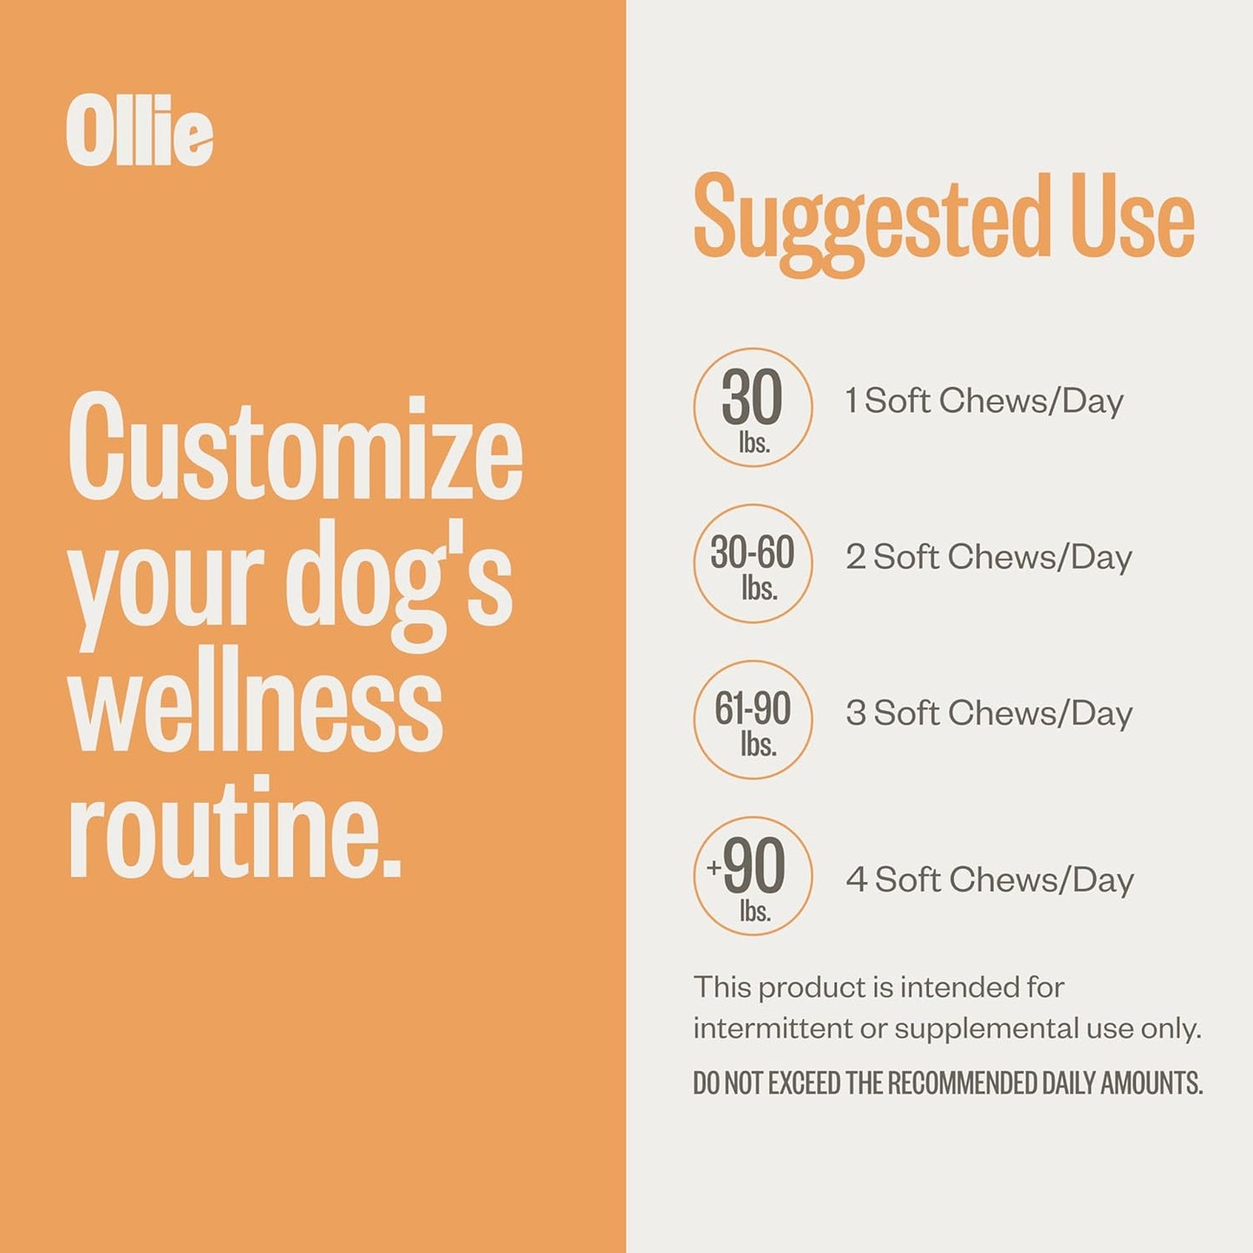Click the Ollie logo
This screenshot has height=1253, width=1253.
(139, 131)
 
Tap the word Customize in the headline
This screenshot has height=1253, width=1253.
(295, 448)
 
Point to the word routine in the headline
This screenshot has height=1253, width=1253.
(234, 828)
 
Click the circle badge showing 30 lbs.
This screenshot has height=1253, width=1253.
(753, 408)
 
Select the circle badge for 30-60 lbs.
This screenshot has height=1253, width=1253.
(753, 564)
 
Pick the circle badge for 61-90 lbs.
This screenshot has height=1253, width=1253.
(753, 720)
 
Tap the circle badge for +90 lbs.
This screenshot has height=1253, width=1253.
(753, 876)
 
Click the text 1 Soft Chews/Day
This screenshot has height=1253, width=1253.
(984, 401)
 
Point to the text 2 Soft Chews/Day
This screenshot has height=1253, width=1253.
(989, 557)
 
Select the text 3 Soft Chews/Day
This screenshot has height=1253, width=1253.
(989, 713)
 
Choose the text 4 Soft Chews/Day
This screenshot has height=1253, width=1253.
(989, 879)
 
